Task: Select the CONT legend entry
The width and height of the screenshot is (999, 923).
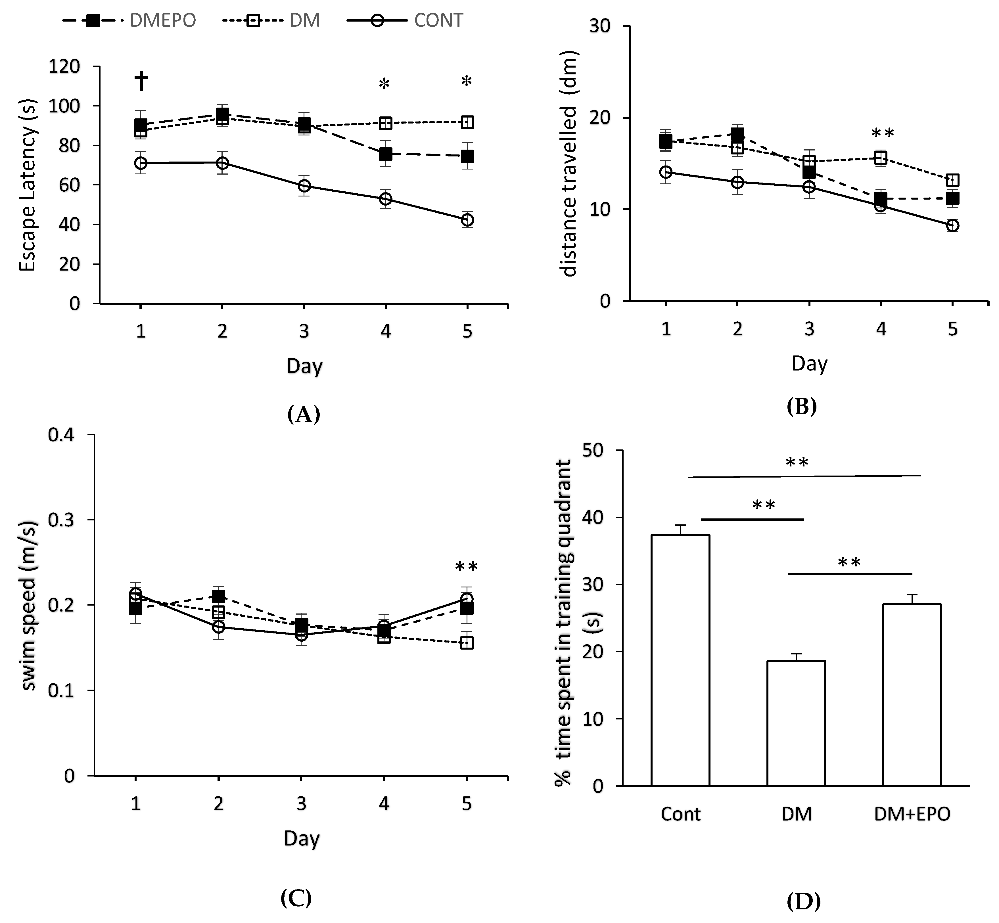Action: pyautogui.click(x=405, y=20)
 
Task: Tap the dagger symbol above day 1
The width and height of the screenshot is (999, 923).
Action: pyautogui.click(x=141, y=81)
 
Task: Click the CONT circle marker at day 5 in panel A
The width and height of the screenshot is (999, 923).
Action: pyautogui.click(x=467, y=220)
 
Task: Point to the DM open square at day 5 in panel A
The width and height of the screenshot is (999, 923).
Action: pyautogui.click(x=467, y=122)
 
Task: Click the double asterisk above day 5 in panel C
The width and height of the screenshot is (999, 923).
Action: pyautogui.click(x=467, y=567)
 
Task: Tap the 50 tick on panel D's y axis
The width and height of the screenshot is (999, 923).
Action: pyautogui.click(x=593, y=450)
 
